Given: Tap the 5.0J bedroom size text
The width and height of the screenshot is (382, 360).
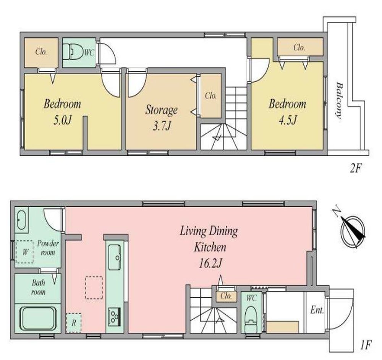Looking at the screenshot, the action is tap(62, 120).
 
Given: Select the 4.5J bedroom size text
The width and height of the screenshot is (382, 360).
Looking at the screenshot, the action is tap(288, 120).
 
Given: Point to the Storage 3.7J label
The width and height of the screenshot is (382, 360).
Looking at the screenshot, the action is tap(162, 117).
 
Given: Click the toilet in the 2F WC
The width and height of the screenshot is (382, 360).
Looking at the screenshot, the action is tap(73, 52).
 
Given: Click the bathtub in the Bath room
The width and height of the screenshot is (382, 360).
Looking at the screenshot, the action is tap(38, 318).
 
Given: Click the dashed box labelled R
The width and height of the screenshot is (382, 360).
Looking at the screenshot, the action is tap(74, 323).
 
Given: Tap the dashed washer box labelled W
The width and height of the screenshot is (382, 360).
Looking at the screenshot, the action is tap(24, 252).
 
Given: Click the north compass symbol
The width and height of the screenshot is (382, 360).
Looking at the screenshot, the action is tap(353, 230).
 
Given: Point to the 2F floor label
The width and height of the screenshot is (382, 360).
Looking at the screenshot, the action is tap(356, 168).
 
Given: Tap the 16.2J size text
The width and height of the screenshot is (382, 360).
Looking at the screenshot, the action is tap(210, 263).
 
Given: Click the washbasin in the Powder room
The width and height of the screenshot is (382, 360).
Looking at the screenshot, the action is tap(21, 220).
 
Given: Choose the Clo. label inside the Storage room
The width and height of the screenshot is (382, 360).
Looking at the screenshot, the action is tap(211, 96).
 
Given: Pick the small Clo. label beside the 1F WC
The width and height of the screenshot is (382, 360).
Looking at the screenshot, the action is tap(226, 296).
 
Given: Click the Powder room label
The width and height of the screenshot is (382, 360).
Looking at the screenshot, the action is tap(48, 248).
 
